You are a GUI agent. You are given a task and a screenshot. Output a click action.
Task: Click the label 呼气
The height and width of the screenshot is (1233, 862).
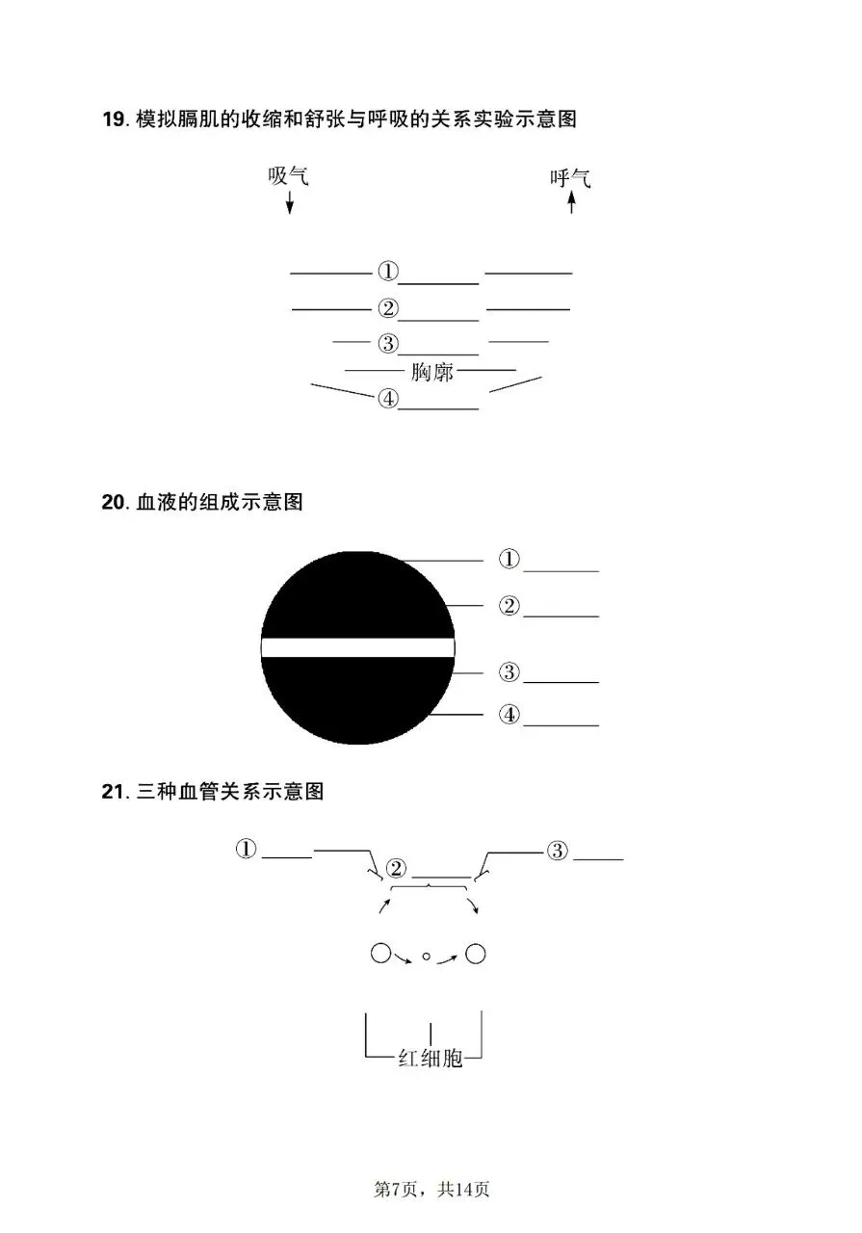(570, 178)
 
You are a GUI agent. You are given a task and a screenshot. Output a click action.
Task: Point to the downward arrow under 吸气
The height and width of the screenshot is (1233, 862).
(289, 202)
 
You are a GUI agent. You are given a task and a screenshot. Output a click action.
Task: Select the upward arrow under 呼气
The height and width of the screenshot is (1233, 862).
(571, 202)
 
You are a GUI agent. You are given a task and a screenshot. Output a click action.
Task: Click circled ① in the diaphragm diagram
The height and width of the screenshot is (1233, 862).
(387, 272)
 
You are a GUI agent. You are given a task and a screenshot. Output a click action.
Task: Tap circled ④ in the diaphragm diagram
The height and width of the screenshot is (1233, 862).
(387, 399)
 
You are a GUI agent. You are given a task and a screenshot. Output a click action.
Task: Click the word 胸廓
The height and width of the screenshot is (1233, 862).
(431, 372)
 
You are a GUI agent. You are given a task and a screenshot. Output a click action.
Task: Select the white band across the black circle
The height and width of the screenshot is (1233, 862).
(357, 647)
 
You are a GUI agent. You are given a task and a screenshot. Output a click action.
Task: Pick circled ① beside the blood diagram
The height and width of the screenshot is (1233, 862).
(509, 559)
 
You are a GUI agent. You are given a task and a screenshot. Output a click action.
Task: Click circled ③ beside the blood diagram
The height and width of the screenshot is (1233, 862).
(509, 671)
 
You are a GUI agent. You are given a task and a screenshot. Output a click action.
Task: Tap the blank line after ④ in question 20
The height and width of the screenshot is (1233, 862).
(561, 724)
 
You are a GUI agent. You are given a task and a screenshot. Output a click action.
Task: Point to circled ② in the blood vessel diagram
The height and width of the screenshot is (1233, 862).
(396, 869)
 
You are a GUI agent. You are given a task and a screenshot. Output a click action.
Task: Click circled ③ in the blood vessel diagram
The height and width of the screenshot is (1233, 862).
(559, 851)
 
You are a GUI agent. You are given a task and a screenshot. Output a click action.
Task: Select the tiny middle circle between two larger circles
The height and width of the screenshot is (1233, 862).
(426, 957)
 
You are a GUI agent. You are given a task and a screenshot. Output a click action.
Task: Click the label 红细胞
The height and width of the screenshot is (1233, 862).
(431, 1059)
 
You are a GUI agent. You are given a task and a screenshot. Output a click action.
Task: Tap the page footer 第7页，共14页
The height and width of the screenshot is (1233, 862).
(431, 1190)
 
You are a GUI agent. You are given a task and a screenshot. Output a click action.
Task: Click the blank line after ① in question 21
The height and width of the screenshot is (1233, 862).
(287, 856)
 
